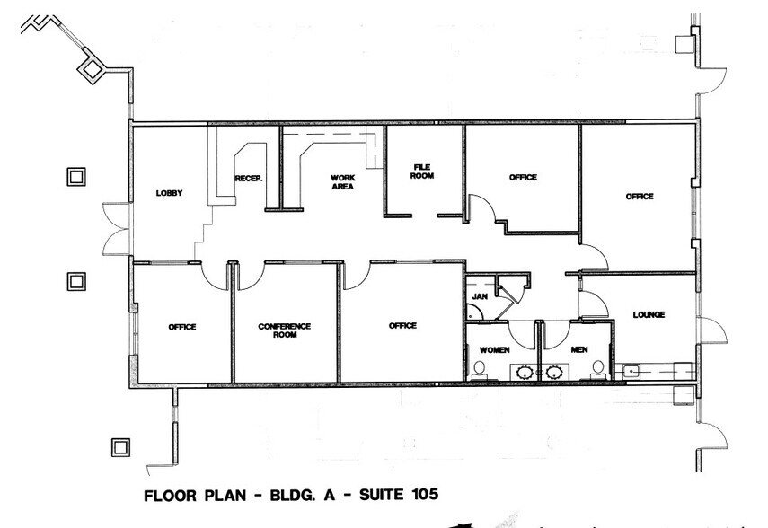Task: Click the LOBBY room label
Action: (169, 193)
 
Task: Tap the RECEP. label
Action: (249, 179)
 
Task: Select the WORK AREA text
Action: (341, 182)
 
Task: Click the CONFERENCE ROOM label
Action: (284, 330)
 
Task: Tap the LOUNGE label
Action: (648, 315)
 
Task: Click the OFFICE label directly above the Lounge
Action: (640, 196)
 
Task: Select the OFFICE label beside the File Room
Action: (523, 178)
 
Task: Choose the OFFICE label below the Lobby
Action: (181, 327)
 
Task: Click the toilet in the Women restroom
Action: (480, 368)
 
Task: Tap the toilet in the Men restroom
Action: (598, 368)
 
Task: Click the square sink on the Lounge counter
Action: (631, 369)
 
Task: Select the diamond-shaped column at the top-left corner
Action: (90, 67)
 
